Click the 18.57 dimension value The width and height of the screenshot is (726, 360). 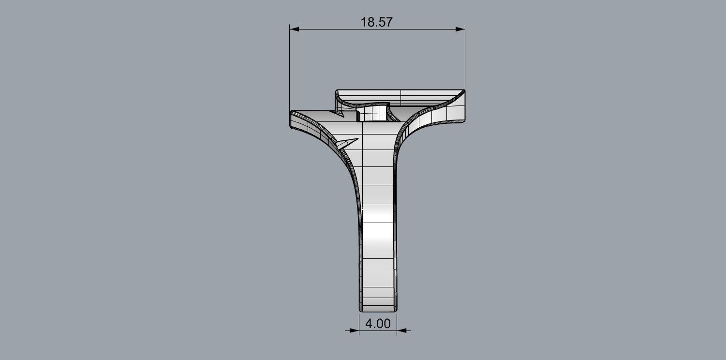(376, 22)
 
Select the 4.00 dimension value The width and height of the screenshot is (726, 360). (377, 323)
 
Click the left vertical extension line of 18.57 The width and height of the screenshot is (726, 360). (289, 68)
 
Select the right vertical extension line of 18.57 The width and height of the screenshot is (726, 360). (465, 58)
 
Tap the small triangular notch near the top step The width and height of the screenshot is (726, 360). (340, 114)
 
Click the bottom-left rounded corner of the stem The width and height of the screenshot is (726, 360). (360, 309)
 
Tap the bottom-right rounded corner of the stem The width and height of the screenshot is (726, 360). (397, 309)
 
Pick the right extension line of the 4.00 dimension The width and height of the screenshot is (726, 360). (397, 322)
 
